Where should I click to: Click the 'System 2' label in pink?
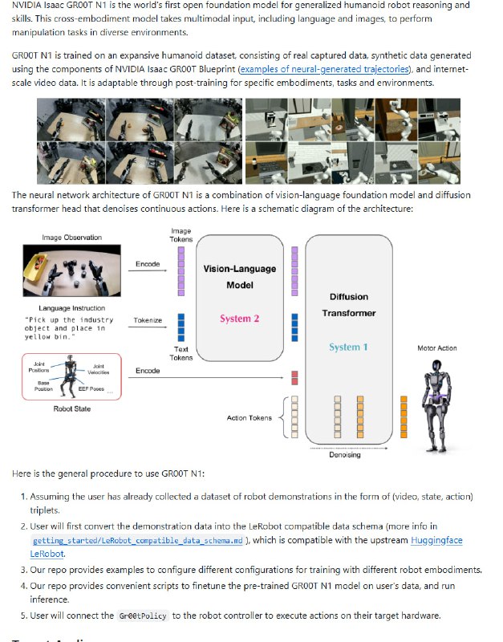tap(240, 319)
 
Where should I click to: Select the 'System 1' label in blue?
tap(349, 347)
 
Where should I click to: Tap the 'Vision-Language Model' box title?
tap(240, 277)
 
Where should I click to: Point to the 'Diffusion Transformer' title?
tap(349, 305)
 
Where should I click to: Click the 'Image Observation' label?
tap(72, 238)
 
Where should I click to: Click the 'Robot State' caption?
tap(72, 409)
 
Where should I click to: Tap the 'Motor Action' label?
tap(437, 348)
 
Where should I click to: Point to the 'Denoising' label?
tap(345, 455)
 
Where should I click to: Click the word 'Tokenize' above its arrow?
tap(148, 320)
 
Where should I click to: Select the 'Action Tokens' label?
tap(249, 418)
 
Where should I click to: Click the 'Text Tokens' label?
tap(181, 353)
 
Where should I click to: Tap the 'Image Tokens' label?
tap(181, 235)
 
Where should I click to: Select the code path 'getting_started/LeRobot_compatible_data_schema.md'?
tap(137, 542)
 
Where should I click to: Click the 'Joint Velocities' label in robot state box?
tap(99, 369)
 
